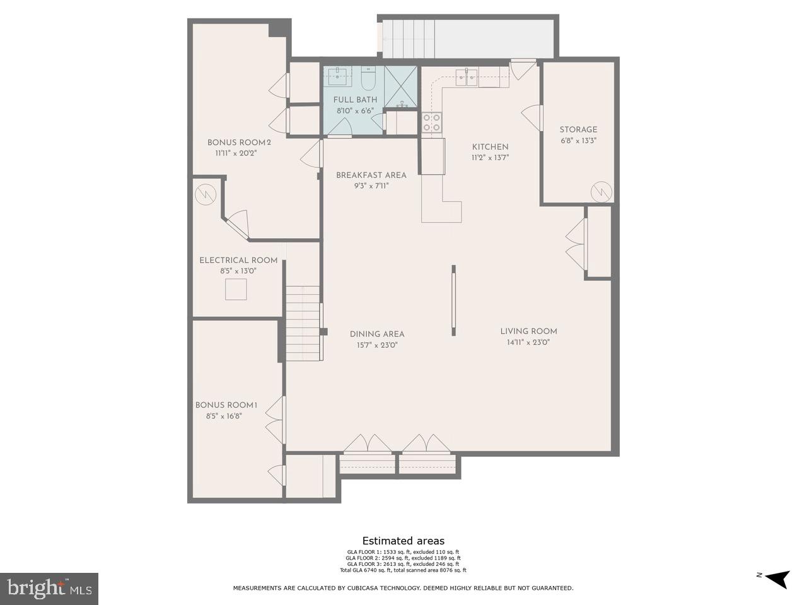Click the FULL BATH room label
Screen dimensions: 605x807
point(355,100)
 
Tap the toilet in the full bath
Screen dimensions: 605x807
point(368,80)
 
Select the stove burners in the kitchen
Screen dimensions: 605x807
point(432,122)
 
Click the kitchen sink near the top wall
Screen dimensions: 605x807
point(467,78)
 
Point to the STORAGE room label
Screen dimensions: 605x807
point(578,130)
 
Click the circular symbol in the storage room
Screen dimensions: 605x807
point(601,192)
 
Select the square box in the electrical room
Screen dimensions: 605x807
point(236,289)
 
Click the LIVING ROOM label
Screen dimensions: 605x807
point(528,331)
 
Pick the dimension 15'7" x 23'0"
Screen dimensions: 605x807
point(377,345)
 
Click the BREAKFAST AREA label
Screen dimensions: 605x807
point(371,175)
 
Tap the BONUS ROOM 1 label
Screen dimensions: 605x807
point(226,405)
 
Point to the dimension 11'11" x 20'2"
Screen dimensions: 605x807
point(236,153)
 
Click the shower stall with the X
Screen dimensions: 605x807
point(400,86)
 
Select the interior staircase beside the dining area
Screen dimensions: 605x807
point(303,323)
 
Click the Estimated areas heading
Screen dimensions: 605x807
point(403,541)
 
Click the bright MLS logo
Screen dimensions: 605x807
point(49,589)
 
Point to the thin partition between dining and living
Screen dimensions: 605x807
point(453,301)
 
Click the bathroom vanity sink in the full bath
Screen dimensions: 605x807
point(338,77)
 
